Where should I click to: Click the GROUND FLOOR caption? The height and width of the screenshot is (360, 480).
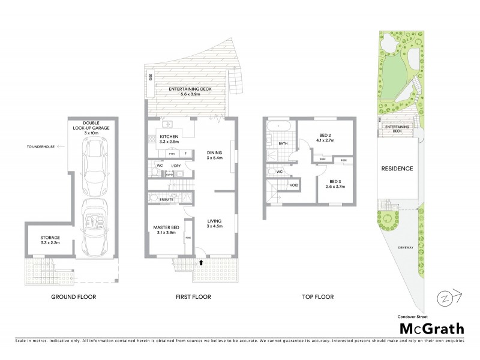coord(73,296)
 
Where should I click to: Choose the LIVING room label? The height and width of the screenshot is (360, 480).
coord(214,223)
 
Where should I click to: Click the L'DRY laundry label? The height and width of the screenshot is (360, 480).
coord(176,166)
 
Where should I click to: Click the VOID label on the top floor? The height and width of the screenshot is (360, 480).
coord(294,185)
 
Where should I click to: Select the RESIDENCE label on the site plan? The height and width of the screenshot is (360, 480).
coord(397,169)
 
